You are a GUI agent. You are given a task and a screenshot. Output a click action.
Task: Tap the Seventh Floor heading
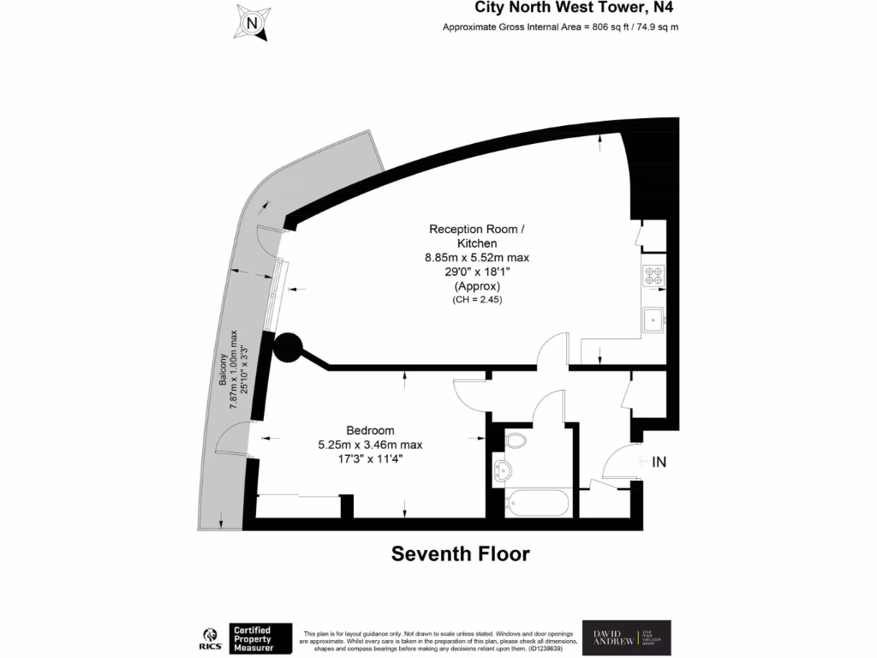[461, 553]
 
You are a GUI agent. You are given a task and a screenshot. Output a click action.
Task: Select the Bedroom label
[370, 430]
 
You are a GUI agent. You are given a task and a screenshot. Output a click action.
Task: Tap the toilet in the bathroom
[516, 441]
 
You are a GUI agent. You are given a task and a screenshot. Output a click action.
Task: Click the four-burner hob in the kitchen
[653, 277]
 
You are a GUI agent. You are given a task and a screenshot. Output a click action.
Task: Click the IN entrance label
[659, 462]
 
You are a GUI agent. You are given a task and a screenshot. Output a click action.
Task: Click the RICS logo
[208, 637]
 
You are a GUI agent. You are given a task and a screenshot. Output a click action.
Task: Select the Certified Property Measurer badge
[260, 638]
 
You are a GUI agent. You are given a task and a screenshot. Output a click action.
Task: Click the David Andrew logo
[625, 637]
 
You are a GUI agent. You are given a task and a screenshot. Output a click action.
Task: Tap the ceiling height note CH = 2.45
[477, 300]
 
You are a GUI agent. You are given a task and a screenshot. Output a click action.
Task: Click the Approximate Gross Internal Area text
[560, 27]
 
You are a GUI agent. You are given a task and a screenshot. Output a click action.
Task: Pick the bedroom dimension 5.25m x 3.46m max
[370, 445]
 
